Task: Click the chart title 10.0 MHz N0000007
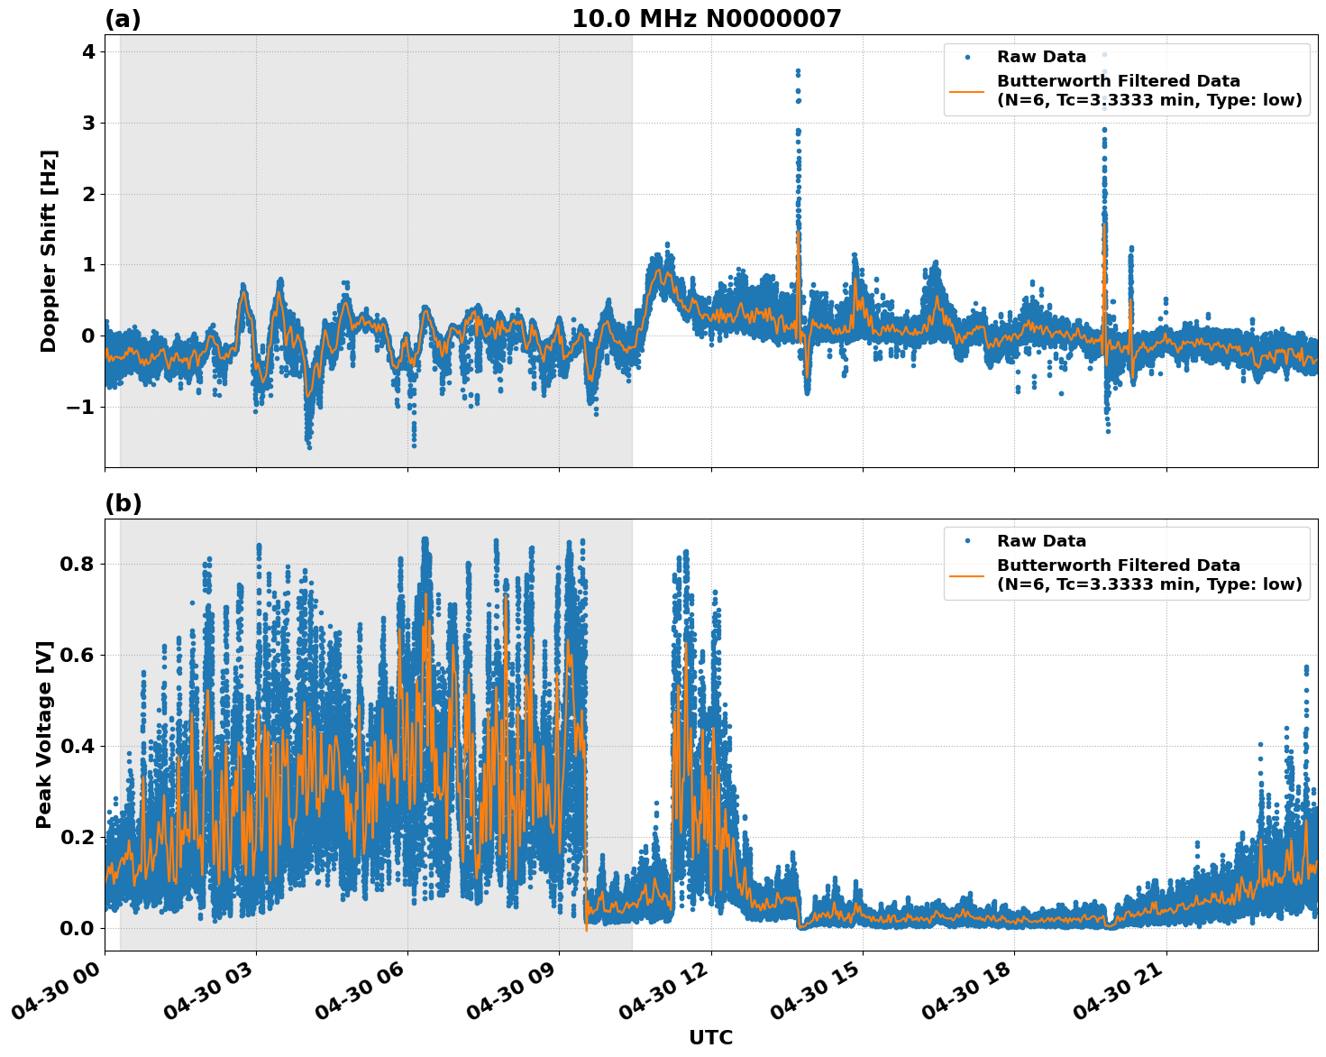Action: pos(706,19)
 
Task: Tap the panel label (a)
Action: pos(123,19)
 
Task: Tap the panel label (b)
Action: pos(123,503)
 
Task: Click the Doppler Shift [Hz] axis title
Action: pos(49,251)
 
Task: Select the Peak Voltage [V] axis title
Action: pos(45,734)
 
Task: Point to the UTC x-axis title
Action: pos(710,1037)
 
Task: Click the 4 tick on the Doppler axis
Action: pos(88,51)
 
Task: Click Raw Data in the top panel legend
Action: pos(1041,57)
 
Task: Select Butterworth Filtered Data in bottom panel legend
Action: pos(1118,565)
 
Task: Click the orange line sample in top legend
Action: pos(966,90)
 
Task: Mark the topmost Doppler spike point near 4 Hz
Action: pos(1104,54)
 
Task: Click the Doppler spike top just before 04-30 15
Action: pos(798,70)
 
